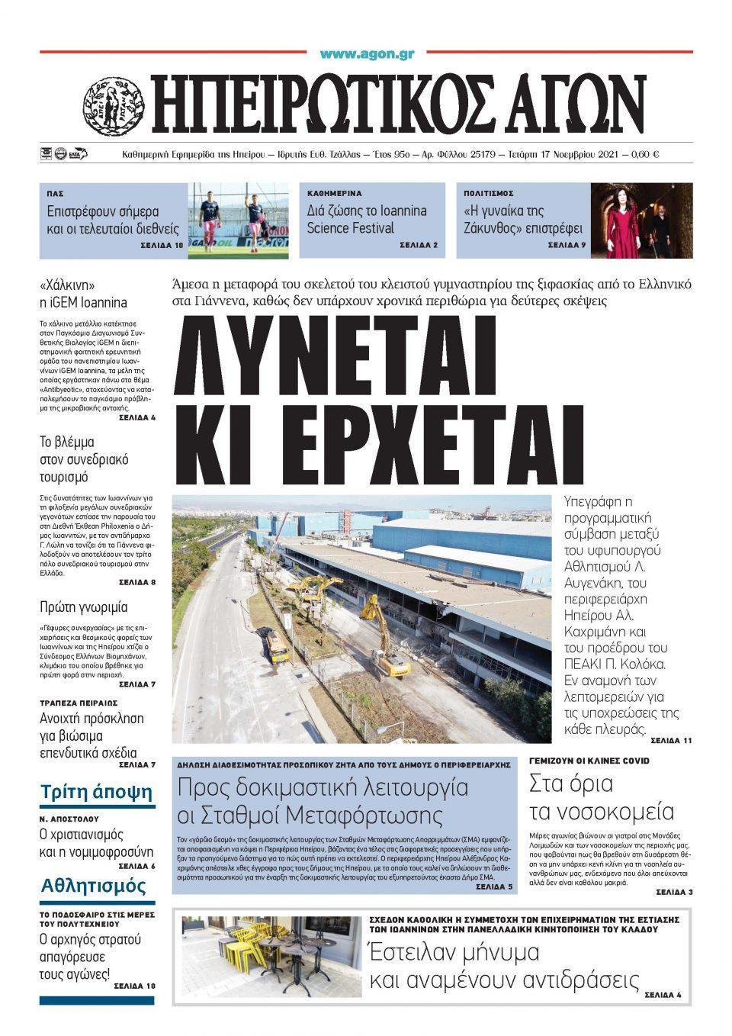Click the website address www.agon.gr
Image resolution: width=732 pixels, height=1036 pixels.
tap(367, 54)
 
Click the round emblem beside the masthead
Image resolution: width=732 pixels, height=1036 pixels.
tap(113, 103)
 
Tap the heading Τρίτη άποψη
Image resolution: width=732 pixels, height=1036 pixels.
tap(97, 791)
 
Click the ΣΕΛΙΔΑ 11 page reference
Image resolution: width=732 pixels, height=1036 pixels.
tap(671, 740)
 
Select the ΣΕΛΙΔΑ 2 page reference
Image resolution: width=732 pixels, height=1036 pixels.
tap(418, 246)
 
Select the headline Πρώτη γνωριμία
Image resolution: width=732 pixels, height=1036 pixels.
tap(84, 607)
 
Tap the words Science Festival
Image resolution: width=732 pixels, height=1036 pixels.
tap(351, 228)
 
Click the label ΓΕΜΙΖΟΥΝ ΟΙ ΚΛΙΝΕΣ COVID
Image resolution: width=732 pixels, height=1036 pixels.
tap(589, 761)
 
